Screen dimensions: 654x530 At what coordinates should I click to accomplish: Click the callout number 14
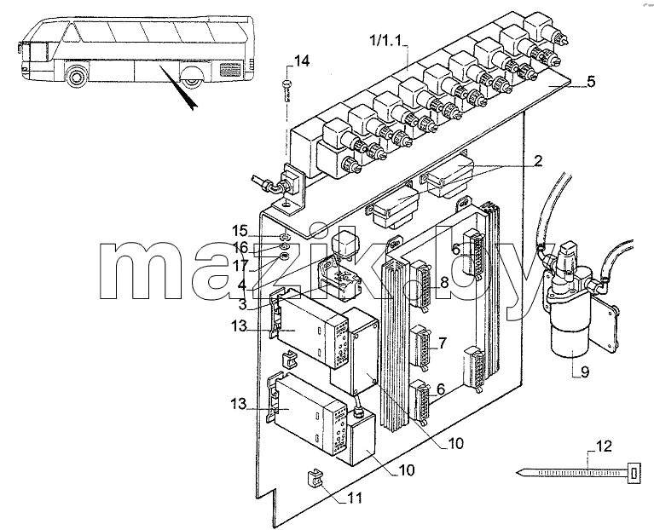[303, 60]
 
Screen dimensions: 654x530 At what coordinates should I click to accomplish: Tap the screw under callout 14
[286, 90]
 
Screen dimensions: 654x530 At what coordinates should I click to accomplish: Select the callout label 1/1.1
[385, 41]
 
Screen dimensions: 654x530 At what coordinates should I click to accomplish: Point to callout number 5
[591, 82]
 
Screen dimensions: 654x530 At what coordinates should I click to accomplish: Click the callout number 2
[538, 161]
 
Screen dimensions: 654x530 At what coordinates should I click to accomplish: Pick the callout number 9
[585, 372]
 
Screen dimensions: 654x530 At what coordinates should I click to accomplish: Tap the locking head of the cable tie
[634, 473]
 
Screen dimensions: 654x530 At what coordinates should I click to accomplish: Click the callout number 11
[354, 498]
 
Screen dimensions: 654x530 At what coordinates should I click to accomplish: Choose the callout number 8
[443, 283]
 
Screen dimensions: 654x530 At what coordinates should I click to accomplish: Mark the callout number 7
[443, 343]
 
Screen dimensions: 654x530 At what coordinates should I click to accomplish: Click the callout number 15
[240, 231]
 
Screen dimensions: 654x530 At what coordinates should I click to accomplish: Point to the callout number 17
[241, 265]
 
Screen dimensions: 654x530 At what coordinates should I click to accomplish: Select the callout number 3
[243, 304]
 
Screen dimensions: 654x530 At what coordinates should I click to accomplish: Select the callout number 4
[242, 285]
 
